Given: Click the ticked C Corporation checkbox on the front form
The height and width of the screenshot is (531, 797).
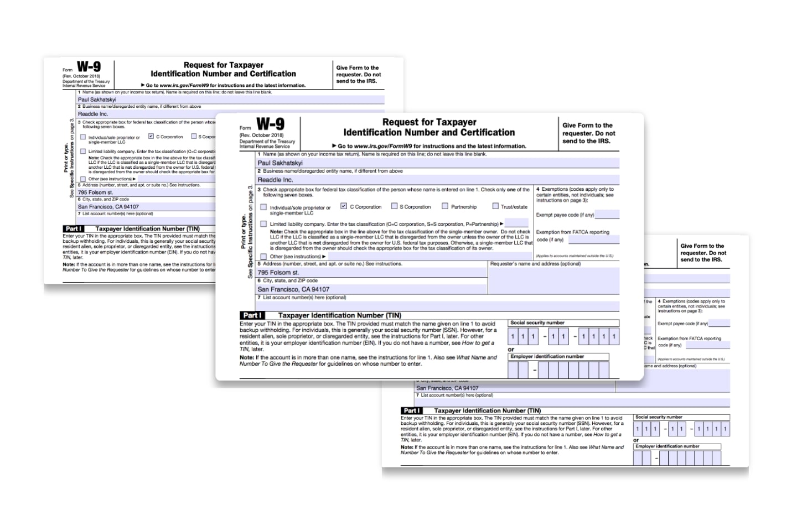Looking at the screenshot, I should click(x=344, y=206).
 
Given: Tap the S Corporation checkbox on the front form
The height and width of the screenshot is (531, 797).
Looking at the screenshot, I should click(x=394, y=206).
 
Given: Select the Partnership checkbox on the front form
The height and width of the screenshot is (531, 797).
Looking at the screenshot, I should click(x=445, y=206).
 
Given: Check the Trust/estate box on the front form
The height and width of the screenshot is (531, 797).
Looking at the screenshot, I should click(x=495, y=206).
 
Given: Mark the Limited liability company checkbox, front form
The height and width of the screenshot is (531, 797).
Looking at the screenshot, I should click(x=263, y=224).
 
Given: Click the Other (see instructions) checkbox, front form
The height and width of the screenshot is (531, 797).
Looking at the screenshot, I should click(x=263, y=257).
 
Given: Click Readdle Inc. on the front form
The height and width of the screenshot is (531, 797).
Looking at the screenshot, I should click(x=275, y=180).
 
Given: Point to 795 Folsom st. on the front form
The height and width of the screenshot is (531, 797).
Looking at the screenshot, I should click(x=278, y=273).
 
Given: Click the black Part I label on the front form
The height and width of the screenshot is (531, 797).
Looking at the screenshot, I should click(x=251, y=315).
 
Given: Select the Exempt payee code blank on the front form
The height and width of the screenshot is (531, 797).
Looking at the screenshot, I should click(x=607, y=215).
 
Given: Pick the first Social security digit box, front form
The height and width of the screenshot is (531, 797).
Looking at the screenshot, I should click(x=513, y=336).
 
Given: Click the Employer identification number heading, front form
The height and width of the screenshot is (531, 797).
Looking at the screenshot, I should click(x=547, y=357).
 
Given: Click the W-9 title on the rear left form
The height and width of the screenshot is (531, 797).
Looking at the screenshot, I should click(x=89, y=67).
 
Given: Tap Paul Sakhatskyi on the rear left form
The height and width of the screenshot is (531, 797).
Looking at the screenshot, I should click(x=97, y=100).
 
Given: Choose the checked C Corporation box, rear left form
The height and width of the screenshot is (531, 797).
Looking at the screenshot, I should click(x=151, y=136).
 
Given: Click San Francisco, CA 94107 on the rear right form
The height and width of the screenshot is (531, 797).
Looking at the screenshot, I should click(x=447, y=388).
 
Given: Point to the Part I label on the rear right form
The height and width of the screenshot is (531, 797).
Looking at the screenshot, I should click(x=412, y=411).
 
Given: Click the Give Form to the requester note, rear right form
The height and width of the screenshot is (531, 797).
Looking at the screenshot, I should click(x=703, y=253).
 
